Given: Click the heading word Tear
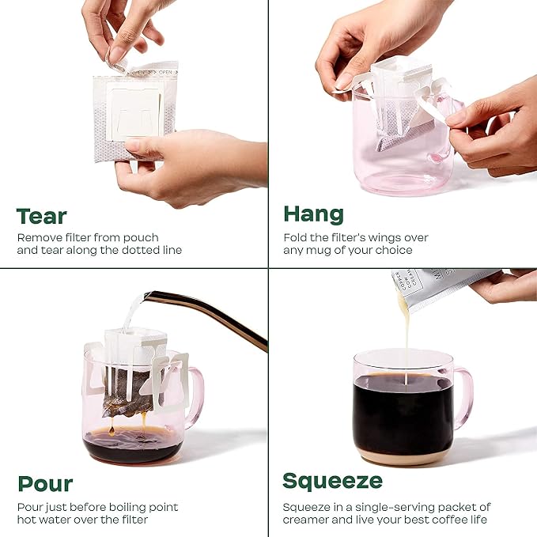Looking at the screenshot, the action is tap(41, 217).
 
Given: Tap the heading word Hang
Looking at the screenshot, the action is tap(313, 215).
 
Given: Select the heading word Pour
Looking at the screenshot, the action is tap(45, 483).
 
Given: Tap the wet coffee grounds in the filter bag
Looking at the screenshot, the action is tap(127, 393).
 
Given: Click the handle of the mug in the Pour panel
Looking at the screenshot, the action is tap(195, 397).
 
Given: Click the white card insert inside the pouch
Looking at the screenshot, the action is tap(134, 112).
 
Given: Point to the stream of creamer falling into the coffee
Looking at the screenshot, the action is tap(406, 342).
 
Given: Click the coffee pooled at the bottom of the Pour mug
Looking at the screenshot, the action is tap(132, 444).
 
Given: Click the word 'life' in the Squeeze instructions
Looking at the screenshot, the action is tap(478, 520).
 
